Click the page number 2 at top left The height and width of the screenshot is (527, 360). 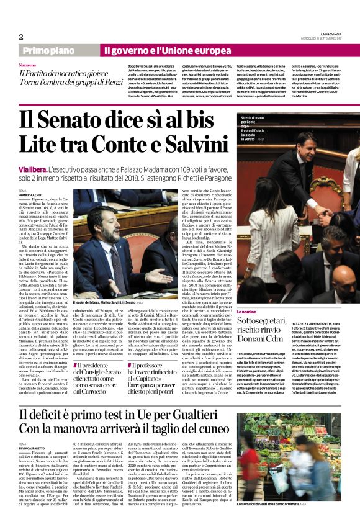point(20,37)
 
